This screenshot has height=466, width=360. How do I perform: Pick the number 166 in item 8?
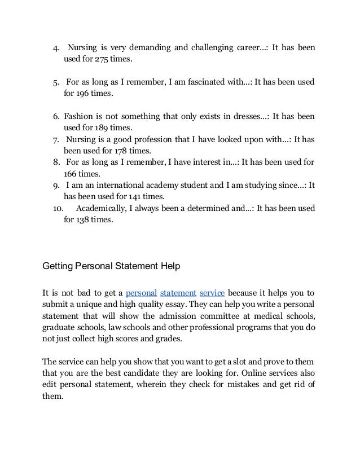71,174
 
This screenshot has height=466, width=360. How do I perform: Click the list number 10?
57,209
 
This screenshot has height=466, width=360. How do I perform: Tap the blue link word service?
212,293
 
